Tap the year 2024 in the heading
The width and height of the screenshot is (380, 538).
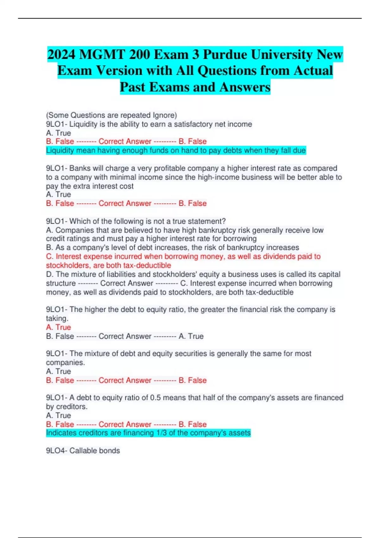[61, 54]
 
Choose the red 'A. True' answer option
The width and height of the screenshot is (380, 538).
[59, 327]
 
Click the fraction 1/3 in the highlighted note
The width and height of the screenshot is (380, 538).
[161, 433]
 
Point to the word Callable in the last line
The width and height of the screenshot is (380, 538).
[81, 451]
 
